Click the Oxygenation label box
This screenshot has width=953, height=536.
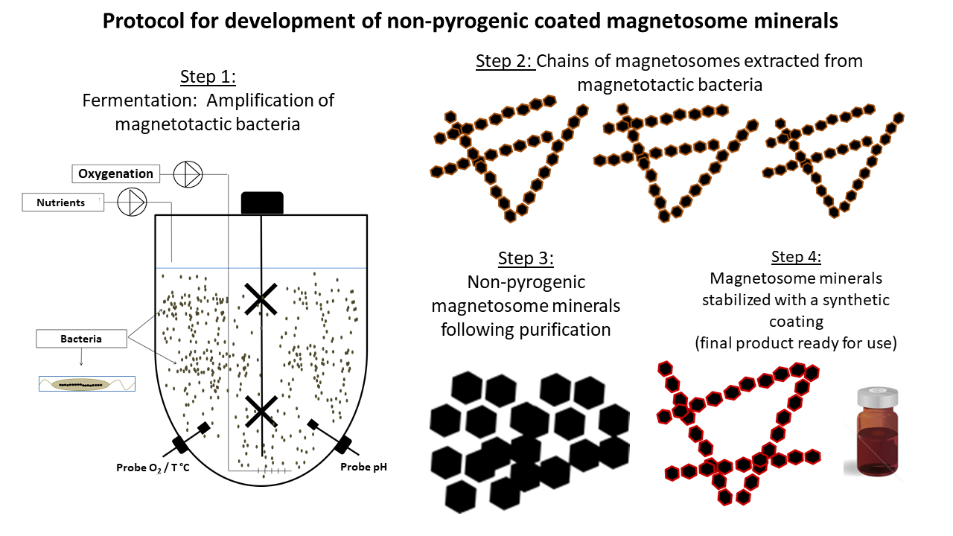tap(115, 173)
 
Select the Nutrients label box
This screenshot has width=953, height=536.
tap(63, 202)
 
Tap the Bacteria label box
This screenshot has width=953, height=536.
tap(81, 339)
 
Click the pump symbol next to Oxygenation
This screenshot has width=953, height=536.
tap(188, 174)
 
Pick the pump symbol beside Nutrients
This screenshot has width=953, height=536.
tap(132, 202)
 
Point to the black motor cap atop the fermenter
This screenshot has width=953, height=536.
tap(262, 203)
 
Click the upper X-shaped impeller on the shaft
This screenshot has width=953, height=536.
tap(261, 299)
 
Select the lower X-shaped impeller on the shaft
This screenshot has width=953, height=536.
tap(261, 412)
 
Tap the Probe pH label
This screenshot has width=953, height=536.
tap(364, 467)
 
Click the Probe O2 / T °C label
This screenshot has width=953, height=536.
tap(153, 468)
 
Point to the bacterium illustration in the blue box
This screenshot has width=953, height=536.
tap(87, 384)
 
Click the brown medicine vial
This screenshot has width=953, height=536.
tap(877, 432)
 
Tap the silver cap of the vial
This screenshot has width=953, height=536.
tap(877, 397)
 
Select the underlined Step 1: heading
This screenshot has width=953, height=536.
tap(208, 77)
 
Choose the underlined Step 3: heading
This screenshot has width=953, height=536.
tap(526, 258)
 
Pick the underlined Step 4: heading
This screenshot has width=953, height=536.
tap(796, 257)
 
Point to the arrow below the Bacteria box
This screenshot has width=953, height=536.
tap(81, 357)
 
